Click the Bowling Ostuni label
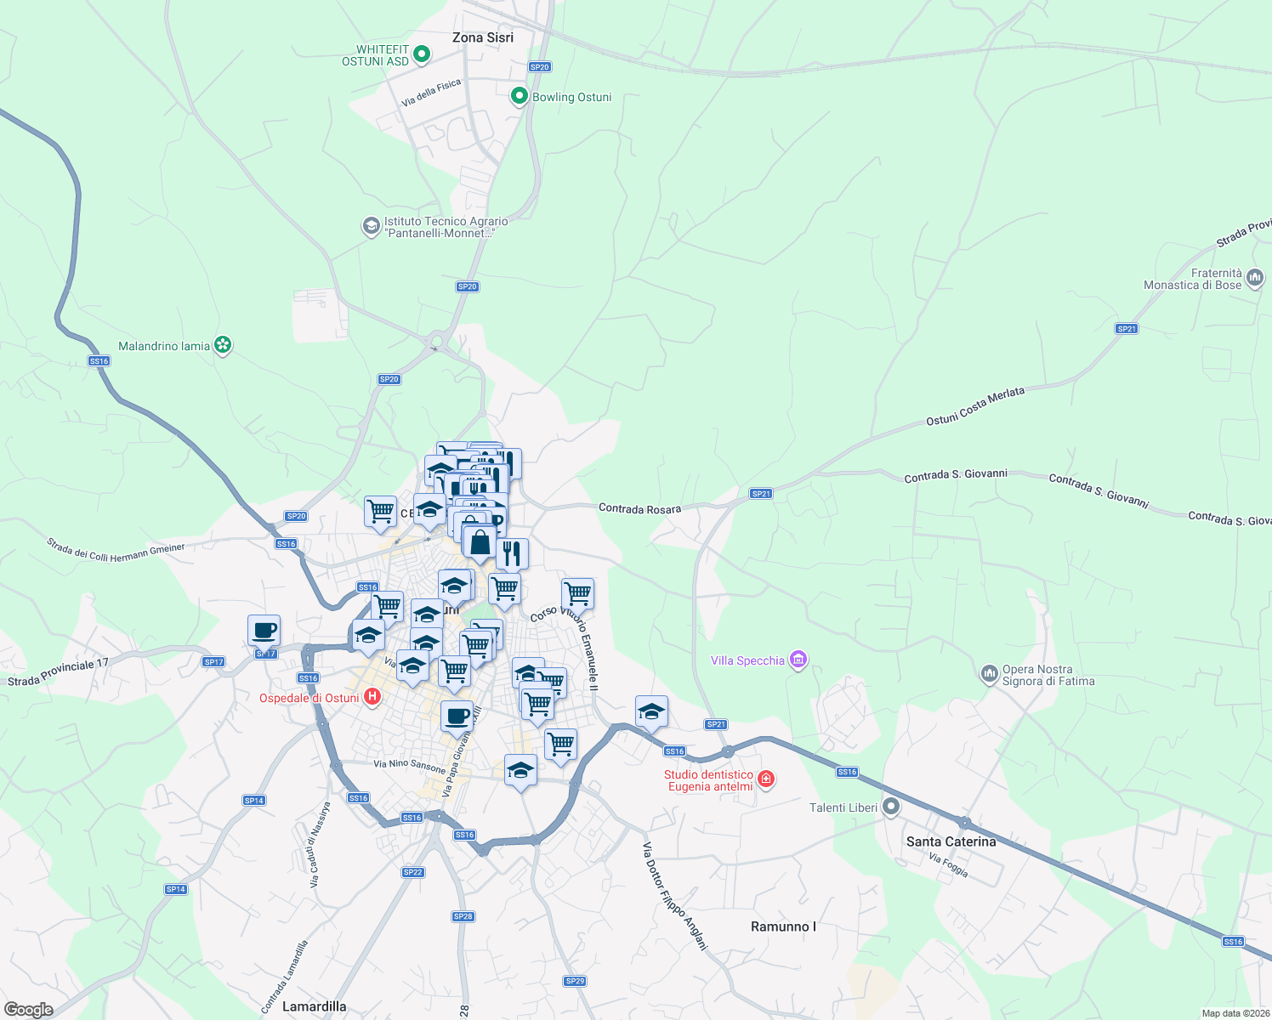tap(571, 97)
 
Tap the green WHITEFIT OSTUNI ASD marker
tap(421, 55)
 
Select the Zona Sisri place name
tap(482, 37)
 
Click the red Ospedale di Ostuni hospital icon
tap(372, 698)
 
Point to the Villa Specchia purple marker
tap(798, 660)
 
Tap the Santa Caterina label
tap(951, 841)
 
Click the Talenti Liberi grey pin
tap(891, 807)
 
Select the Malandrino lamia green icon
tap(223, 345)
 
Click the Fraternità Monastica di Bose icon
tap(1255, 278)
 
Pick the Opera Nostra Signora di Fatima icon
tap(989, 675)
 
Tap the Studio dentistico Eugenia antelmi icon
tap(766, 779)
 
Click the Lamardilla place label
tap(314, 1006)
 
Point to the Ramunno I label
tap(783, 926)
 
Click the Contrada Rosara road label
tap(639, 509)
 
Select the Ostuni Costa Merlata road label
tap(975, 406)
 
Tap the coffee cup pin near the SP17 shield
tap(264, 631)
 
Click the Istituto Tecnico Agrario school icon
tap(371, 226)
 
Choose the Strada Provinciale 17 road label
tap(59, 672)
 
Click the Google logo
tap(29, 1010)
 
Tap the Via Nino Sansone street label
tap(409, 765)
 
